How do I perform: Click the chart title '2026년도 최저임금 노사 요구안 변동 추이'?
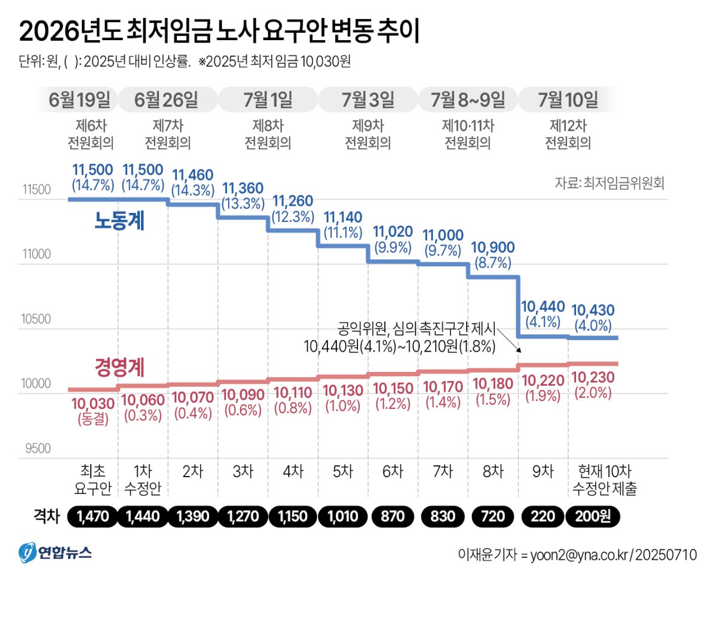point(219,31)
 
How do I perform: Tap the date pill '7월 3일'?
point(367,100)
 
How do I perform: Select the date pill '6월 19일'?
point(79,100)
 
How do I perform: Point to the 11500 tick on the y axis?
point(37,190)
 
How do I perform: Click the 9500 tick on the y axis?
point(38,448)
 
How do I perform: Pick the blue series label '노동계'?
point(119,221)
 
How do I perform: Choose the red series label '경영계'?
point(119,367)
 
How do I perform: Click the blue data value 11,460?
point(192,175)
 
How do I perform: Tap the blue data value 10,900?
point(492,248)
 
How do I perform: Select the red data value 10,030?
point(93,404)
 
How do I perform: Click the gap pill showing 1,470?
point(93,517)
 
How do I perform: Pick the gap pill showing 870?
point(393,517)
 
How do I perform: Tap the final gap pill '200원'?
point(593,517)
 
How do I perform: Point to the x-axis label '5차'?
point(343,472)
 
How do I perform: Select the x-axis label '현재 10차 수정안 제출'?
point(605,480)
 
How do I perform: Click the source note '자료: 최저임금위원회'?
point(609,183)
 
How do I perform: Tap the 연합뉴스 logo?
point(55,553)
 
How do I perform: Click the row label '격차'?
point(47,516)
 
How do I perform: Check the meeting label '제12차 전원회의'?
point(568,135)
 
